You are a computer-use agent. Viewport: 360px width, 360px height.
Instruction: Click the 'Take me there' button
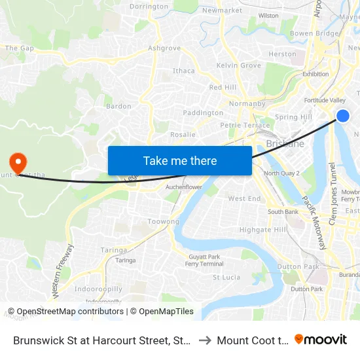point(180,160)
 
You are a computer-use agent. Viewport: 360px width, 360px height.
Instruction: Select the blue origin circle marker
point(342,116)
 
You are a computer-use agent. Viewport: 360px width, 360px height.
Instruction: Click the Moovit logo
point(321,340)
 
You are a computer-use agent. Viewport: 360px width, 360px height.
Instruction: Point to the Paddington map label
point(203,113)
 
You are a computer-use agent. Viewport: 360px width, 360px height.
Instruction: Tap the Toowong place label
point(163,222)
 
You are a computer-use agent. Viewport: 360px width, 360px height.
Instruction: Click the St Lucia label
point(226,277)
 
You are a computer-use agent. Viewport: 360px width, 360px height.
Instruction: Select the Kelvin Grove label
point(239,65)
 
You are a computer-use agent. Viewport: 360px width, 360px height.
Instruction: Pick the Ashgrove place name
point(164,48)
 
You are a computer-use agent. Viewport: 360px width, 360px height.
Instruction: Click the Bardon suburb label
point(118,106)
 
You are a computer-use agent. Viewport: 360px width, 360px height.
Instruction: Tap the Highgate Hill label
point(262,230)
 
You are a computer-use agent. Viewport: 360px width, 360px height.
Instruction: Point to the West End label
point(244,198)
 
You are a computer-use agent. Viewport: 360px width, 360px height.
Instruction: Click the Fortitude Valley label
point(325,100)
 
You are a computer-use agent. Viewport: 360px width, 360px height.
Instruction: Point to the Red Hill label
point(223,87)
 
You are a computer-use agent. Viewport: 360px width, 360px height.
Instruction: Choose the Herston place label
point(282,54)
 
